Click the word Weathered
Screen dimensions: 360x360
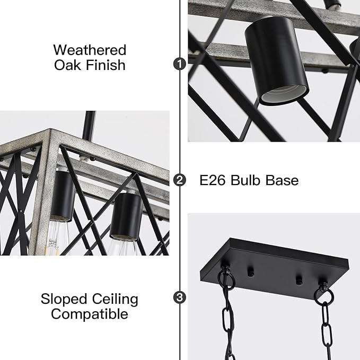90,50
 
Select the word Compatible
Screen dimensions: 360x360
90,314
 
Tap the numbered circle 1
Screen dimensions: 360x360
180,64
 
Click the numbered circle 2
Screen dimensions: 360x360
180,180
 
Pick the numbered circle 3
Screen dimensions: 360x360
180,297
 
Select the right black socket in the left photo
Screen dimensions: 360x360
126,214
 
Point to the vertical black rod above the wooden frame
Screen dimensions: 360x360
90,120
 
